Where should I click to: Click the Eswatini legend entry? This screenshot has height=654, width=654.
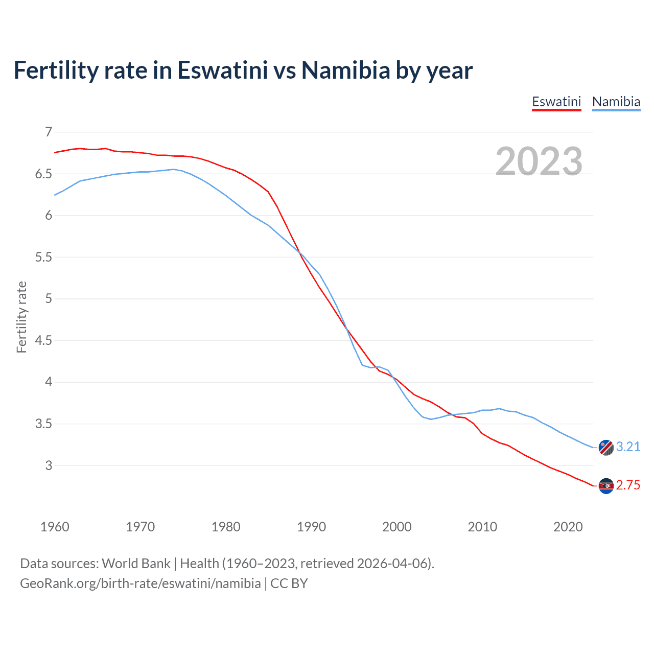pyautogui.click(x=556, y=102)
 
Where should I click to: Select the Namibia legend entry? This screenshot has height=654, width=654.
pyautogui.click(x=616, y=102)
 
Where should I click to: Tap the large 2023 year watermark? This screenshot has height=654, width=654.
pyautogui.click(x=539, y=161)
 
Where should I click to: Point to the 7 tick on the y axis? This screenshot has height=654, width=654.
pyautogui.click(x=49, y=132)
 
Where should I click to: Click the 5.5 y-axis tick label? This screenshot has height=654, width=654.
pyautogui.click(x=43, y=257)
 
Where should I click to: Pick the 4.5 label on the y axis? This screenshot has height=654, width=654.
pyautogui.click(x=43, y=340)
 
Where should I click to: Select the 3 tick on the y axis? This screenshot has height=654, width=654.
pyautogui.click(x=49, y=465)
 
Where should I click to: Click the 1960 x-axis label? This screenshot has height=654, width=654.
pyautogui.click(x=55, y=527)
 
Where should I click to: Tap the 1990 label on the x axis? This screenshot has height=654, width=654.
pyautogui.click(x=311, y=527)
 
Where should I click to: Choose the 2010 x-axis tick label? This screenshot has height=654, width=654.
pyautogui.click(x=482, y=527)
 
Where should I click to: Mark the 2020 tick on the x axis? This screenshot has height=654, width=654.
pyautogui.click(x=568, y=527)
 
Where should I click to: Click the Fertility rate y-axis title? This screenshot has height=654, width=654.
pyautogui.click(x=21, y=317)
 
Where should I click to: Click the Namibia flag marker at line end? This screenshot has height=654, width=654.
pyautogui.click(x=606, y=447)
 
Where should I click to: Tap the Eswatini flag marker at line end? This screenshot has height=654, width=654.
pyautogui.click(x=606, y=486)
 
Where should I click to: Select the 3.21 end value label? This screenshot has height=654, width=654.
pyautogui.click(x=628, y=447)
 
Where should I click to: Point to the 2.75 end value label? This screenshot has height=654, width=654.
pyautogui.click(x=628, y=485)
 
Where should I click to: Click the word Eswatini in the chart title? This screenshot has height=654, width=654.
pyautogui.click(x=222, y=70)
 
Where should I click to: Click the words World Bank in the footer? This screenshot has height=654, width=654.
pyautogui.click(x=136, y=564)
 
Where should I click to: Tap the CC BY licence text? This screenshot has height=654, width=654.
pyautogui.click(x=289, y=583)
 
